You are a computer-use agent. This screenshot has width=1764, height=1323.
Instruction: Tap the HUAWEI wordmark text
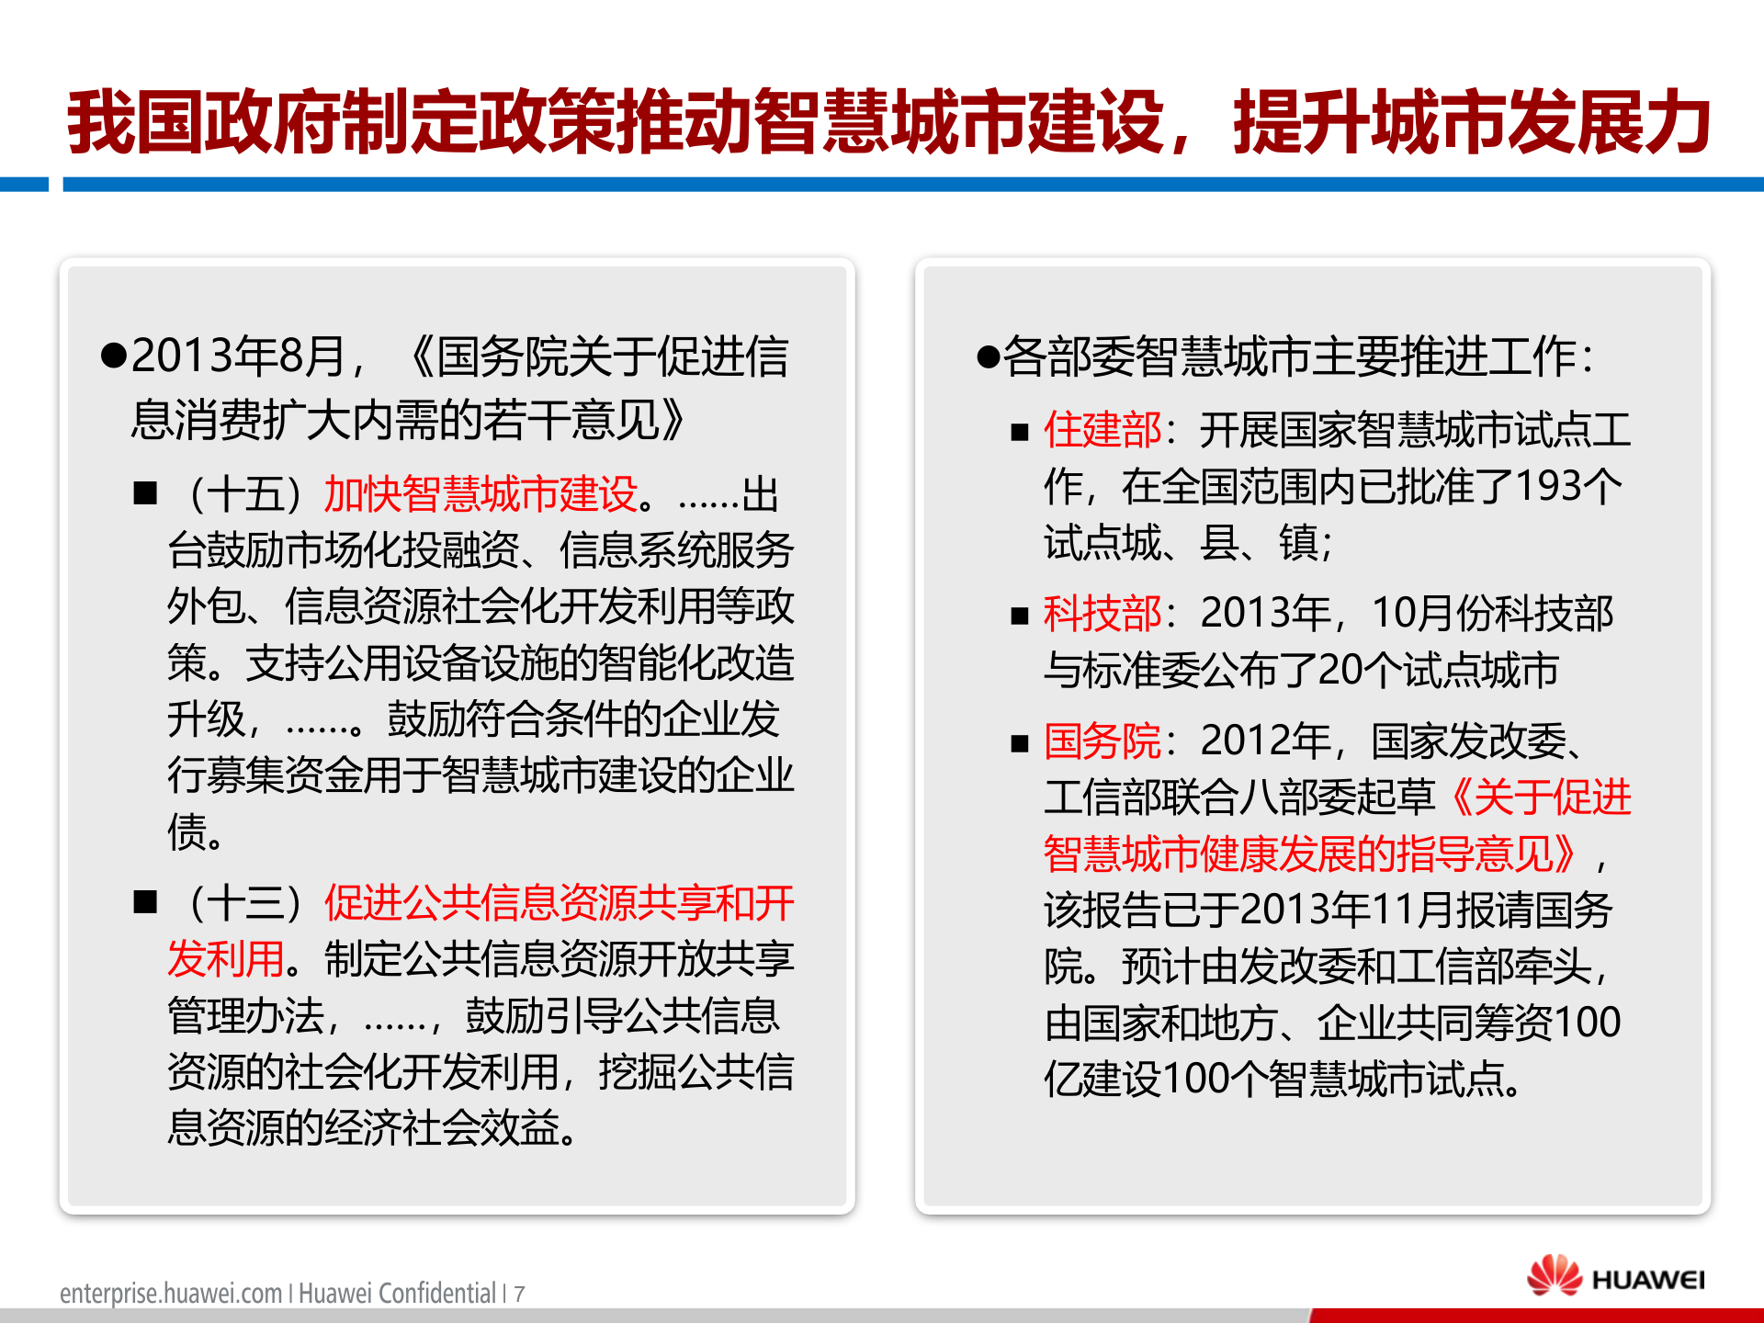click(x=1648, y=1280)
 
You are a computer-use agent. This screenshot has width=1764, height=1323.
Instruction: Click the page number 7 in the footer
click(x=519, y=1295)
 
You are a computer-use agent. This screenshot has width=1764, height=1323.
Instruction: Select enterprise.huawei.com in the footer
click(x=171, y=1294)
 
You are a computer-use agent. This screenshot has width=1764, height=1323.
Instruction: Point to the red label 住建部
click(x=1102, y=430)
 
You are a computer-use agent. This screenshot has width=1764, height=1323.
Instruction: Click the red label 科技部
click(x=1102, y=614)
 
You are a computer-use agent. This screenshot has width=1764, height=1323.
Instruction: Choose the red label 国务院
click(x=1102, y=741)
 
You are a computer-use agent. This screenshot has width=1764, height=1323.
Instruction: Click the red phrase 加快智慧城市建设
click(x=481, y=494)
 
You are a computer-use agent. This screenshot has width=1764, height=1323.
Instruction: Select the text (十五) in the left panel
click(x=244, y=494)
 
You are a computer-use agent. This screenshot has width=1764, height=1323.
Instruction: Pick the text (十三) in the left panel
click(x=244, y=903)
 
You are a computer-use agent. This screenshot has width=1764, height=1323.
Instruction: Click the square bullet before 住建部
click(x=1019, y=432)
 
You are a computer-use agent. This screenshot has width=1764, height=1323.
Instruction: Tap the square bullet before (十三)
click(x=145, y=901)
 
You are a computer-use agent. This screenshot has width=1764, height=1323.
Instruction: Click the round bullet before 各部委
click(x=988, y=356)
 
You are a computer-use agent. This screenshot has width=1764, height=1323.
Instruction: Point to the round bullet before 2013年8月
click(x=113, y=356)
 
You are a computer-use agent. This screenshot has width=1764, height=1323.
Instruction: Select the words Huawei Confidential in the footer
click(x=397, y=1294)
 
